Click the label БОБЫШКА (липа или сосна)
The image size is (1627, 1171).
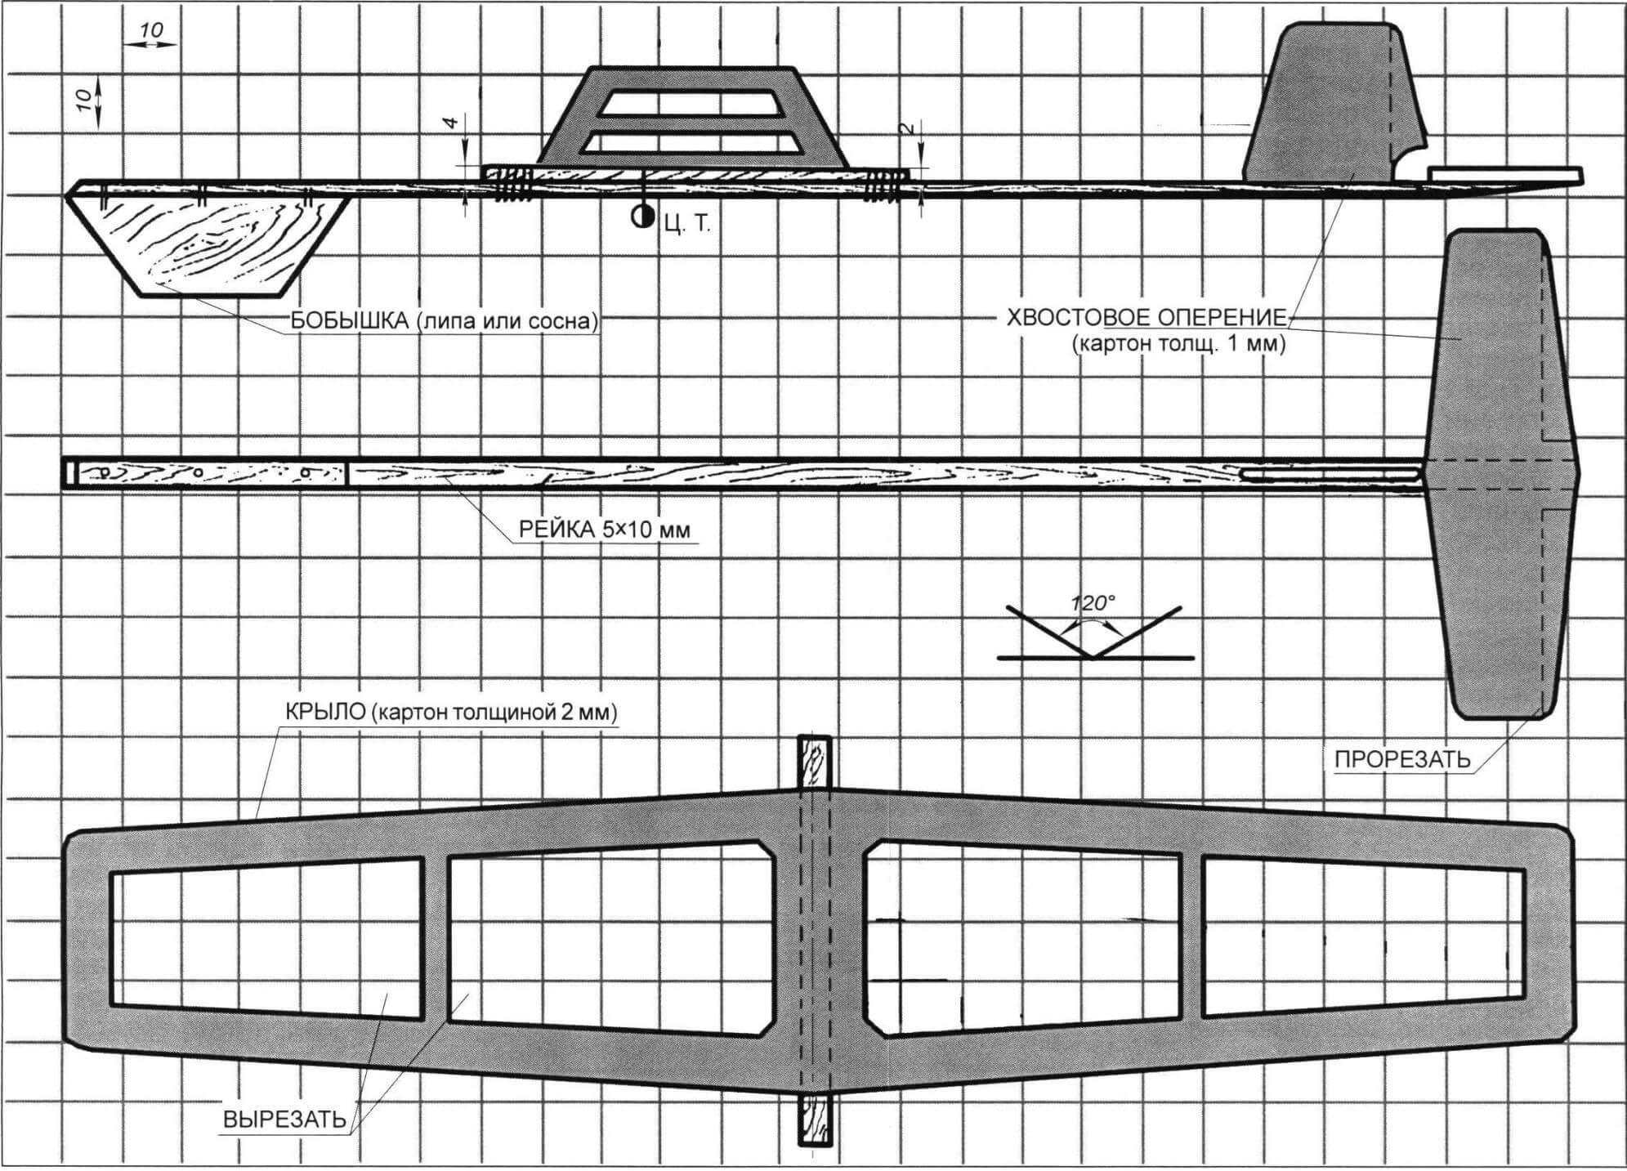pos(442,322)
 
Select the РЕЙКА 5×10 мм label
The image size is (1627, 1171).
pos(604,530)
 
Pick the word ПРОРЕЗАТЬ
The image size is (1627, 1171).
pos(1402,760)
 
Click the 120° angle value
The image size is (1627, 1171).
pos(1093,603)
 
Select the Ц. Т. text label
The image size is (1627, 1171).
pos(687,224)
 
